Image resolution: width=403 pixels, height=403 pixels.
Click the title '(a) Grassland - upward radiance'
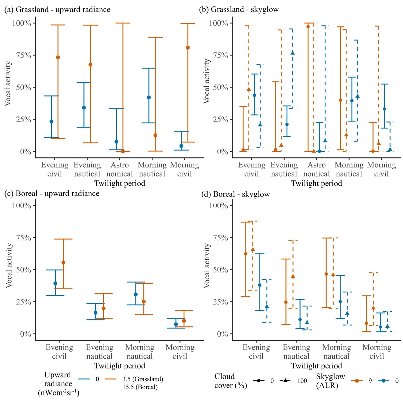(57, 10)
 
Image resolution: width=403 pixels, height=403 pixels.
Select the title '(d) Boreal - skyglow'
(236, 194)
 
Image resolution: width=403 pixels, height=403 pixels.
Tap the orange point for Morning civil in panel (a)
(188, 48)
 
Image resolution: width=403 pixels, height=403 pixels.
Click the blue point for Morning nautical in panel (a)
(149, 97)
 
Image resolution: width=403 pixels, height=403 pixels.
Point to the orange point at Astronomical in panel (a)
(123, 151)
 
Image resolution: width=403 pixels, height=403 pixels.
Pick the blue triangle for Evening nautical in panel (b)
(293, 53)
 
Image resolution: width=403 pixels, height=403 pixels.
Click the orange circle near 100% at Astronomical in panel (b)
(308, 27)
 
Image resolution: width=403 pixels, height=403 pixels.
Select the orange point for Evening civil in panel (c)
(63, 263)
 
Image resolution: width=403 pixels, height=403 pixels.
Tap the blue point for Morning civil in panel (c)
(176, 324)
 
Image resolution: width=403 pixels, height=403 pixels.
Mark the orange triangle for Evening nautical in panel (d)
(293, 276)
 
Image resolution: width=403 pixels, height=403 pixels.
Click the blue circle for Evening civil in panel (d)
(260, 285)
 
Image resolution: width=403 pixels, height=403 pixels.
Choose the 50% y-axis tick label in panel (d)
(219, 270)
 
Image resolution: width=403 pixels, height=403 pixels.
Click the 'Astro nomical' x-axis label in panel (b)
(317, 169)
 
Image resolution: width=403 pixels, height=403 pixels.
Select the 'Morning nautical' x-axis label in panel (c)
(140, 352)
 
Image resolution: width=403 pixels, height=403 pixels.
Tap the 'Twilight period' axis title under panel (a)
(120, 183)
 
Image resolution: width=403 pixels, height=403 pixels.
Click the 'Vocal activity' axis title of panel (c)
(10, 265)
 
